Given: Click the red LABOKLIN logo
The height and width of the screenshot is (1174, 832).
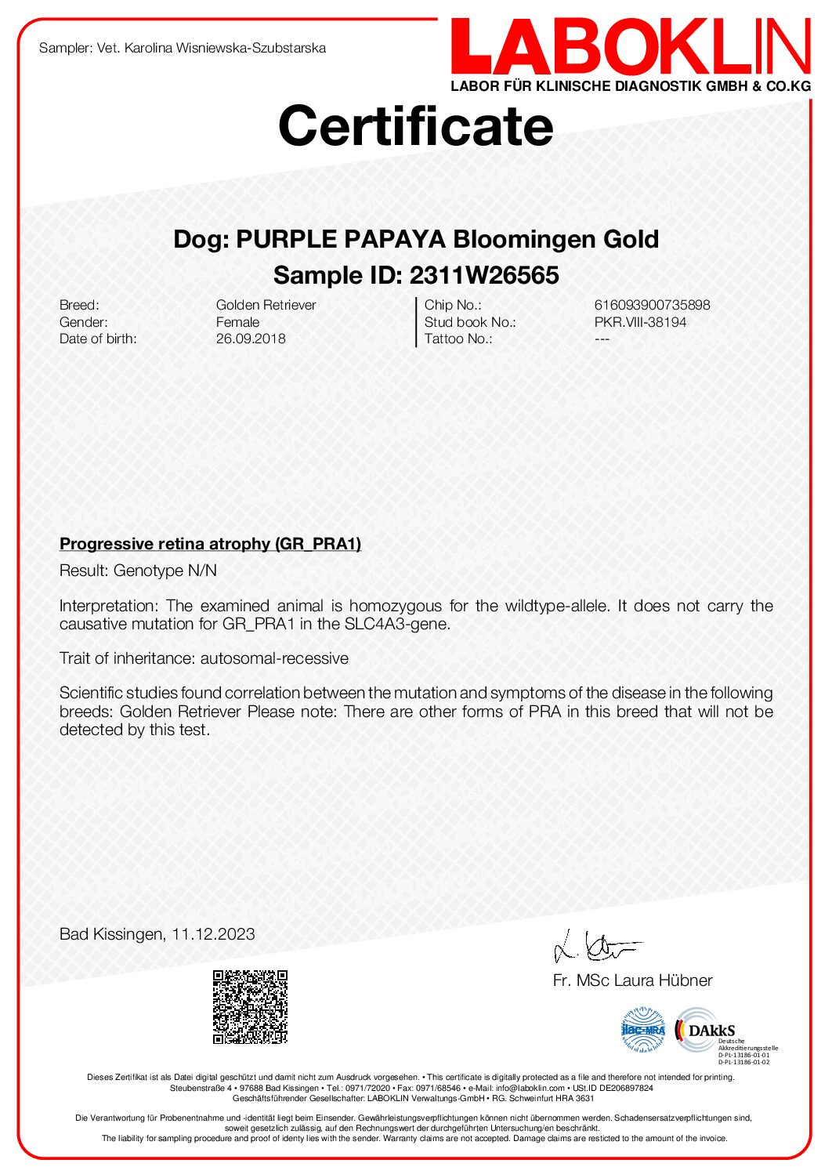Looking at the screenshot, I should click(630, 49).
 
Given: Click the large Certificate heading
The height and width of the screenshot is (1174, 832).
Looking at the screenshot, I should click(416, 125).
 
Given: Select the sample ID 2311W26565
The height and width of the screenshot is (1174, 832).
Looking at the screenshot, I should click(484, 275).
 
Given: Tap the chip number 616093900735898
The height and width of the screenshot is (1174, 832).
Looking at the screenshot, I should click(652, 305).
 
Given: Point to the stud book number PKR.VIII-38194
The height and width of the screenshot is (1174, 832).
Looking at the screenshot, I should click(640, 322).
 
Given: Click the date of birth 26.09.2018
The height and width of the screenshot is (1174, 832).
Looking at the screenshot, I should click(251, 339).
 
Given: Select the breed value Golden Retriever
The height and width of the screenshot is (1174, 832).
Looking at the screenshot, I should click(266, 305).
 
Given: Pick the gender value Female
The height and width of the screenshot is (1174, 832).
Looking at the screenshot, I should click(237, 322).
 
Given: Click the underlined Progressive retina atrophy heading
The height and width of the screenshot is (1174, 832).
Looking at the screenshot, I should click(210, 544).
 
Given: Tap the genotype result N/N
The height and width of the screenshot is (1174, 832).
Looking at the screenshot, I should click(201, 571).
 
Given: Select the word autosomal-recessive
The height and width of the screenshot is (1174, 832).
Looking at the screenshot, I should click(274, 658).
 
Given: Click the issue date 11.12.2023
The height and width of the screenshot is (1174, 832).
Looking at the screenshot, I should click(213, 934).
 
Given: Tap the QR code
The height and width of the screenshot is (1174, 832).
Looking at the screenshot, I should click(250, 1007).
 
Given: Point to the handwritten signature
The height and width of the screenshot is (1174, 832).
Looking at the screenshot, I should click(595, 946).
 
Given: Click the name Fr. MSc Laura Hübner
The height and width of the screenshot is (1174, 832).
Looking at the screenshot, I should click(632, 980).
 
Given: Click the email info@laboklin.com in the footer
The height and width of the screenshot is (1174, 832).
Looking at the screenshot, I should click(530, 1088).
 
